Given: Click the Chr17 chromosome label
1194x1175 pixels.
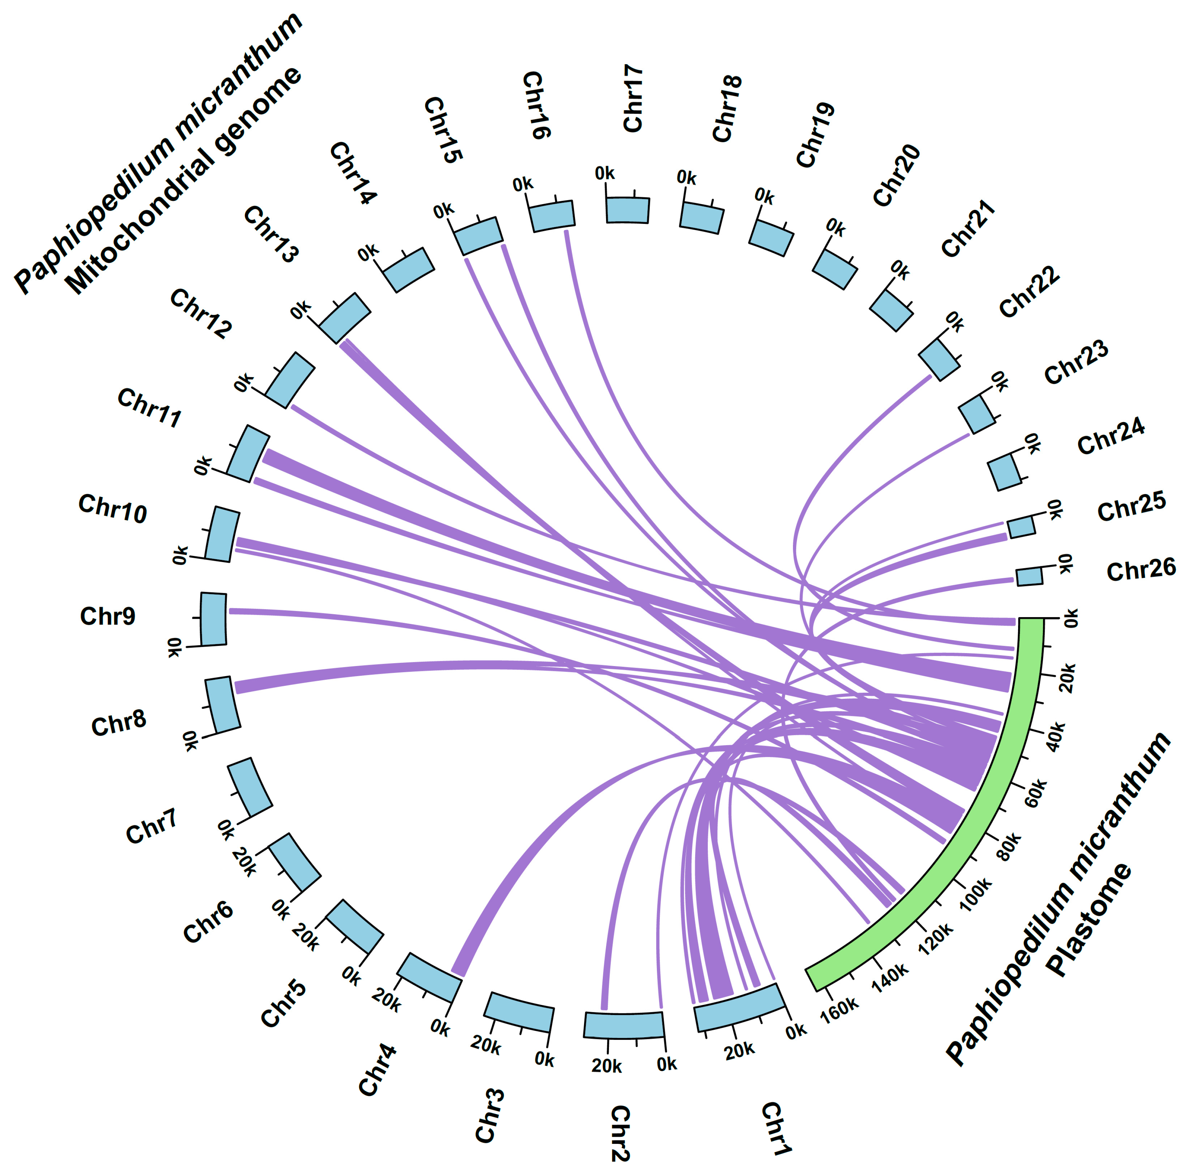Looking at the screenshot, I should pyautogui.click(x=633, y=99).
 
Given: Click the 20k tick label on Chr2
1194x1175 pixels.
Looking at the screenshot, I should pyautogui.click(x=607, y=1066).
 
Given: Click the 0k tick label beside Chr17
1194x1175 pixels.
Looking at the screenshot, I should pyautogui.click(x=605, y=174).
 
